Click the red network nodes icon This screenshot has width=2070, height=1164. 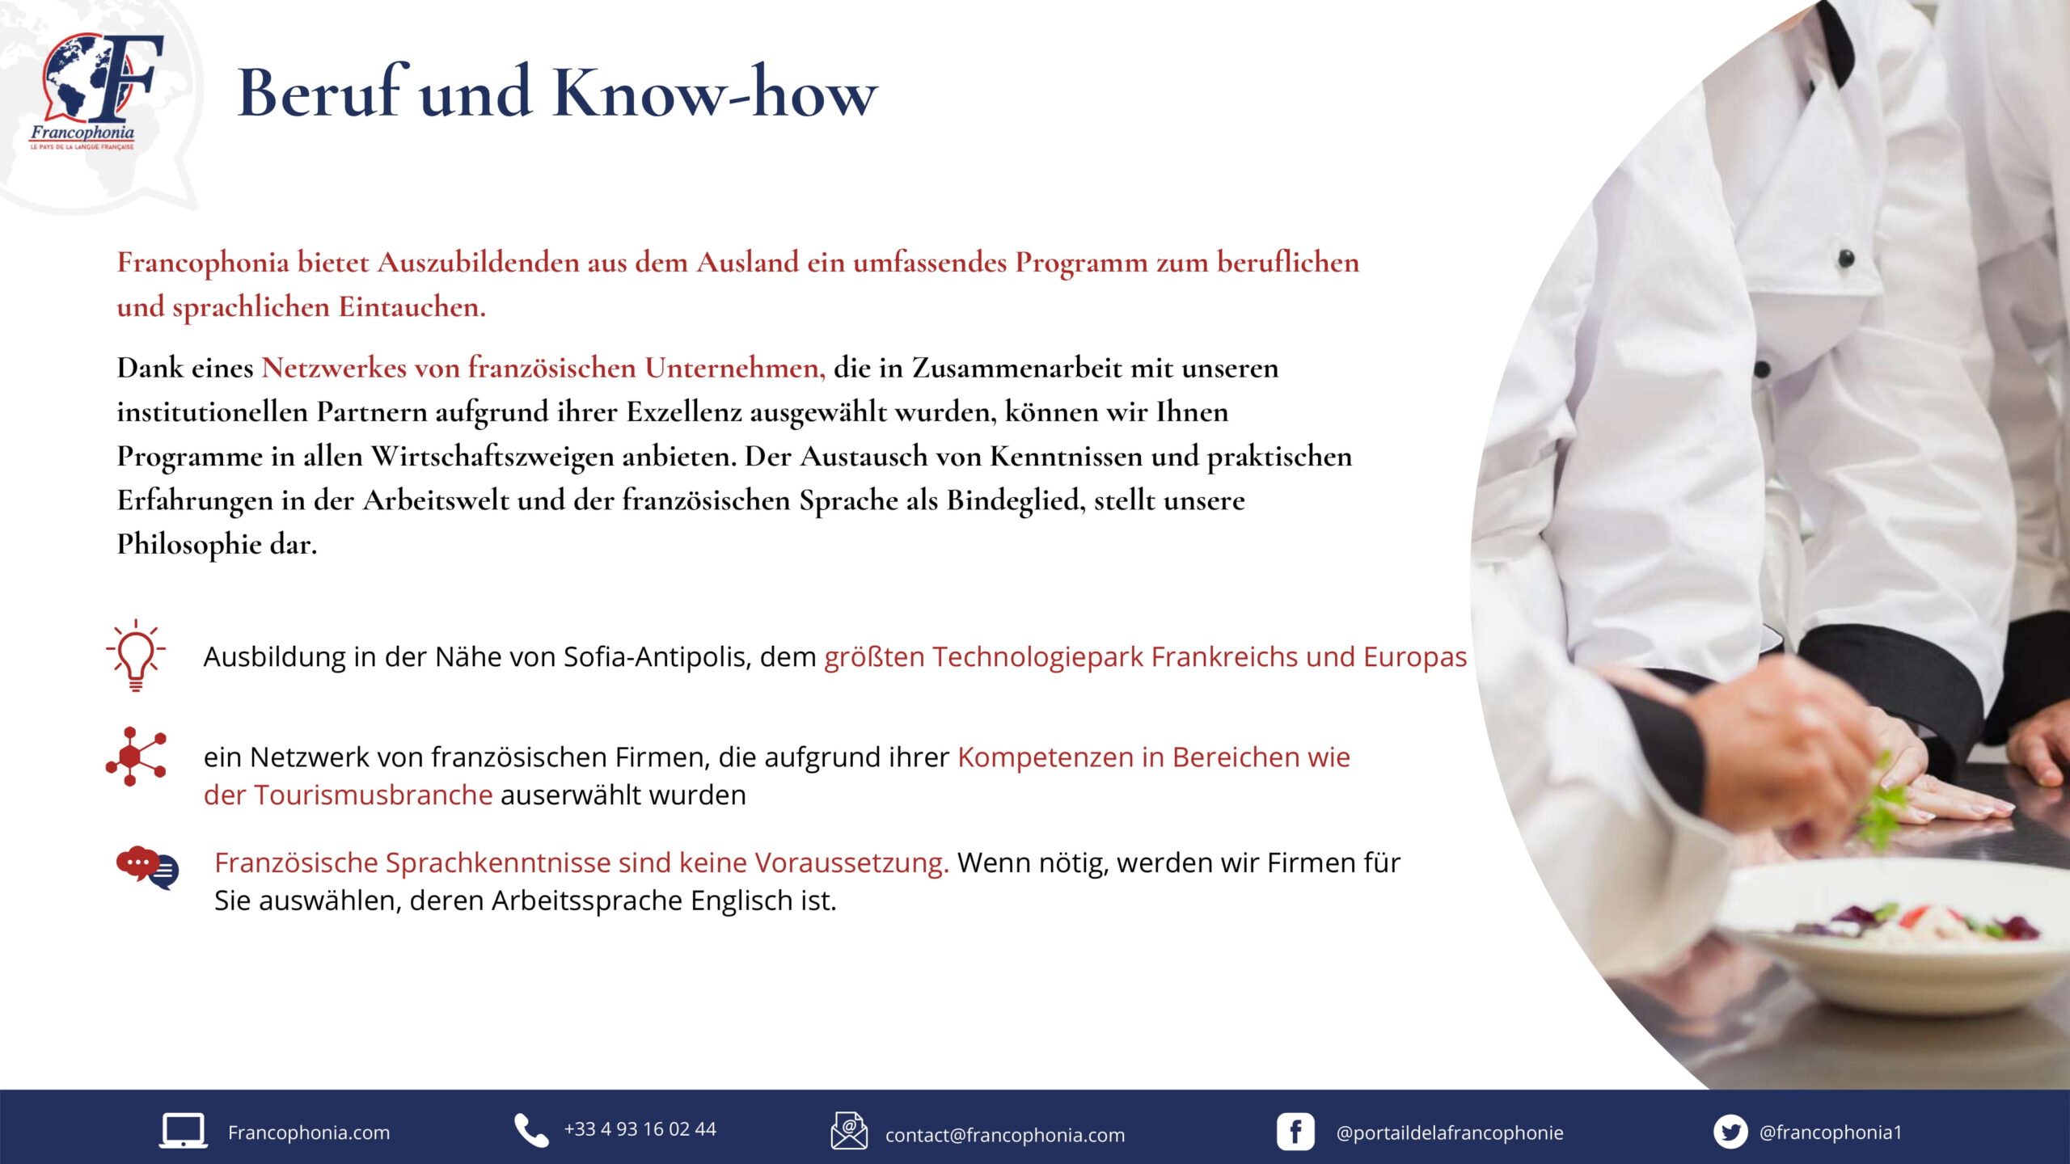tap(136, 757)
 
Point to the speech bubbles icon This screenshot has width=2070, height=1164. tap(147, 868)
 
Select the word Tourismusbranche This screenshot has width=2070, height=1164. tap(373, 795)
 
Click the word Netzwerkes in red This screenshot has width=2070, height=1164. tap(334, 368)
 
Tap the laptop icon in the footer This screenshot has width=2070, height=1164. tap(183, 1131)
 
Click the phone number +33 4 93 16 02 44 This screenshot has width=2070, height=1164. tap(640, 1129)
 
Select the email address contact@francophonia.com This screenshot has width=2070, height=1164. tap(1005, 1135)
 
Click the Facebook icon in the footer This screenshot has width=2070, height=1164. tap(1295, 1132)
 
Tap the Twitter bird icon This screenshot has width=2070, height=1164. tap(1730, 1132)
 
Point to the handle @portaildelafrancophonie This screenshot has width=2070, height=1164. tap(1450, 1133)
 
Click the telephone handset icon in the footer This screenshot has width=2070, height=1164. tap(531, 1130)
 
